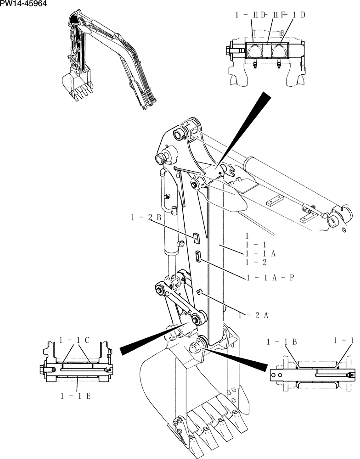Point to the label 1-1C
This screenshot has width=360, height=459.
pos(74,340)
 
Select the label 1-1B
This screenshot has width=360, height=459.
pos(282,341)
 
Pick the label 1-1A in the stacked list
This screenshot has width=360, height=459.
pos(260,253)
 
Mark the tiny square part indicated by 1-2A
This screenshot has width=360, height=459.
pos(199,292)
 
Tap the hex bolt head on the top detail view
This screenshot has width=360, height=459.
pos(230,50)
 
